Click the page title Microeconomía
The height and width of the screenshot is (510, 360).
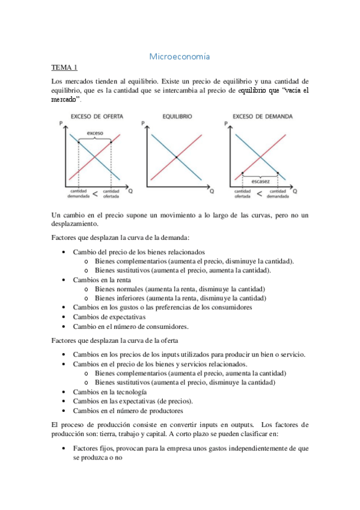[x=180, y=57]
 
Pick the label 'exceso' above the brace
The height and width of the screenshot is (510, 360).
[x=95, y=133]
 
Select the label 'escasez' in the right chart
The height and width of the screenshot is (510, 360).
[x=260, y=180]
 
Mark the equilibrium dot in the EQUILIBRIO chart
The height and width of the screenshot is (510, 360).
[x=176, y=158]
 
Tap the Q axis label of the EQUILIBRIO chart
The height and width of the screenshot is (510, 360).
[x=212, y=191]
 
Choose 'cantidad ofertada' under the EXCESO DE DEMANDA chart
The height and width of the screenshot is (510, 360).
[x=243, y=193]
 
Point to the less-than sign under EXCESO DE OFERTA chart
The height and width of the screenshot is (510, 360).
[x=95, y=194]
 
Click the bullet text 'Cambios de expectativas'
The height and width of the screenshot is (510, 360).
[x=109, y=317]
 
